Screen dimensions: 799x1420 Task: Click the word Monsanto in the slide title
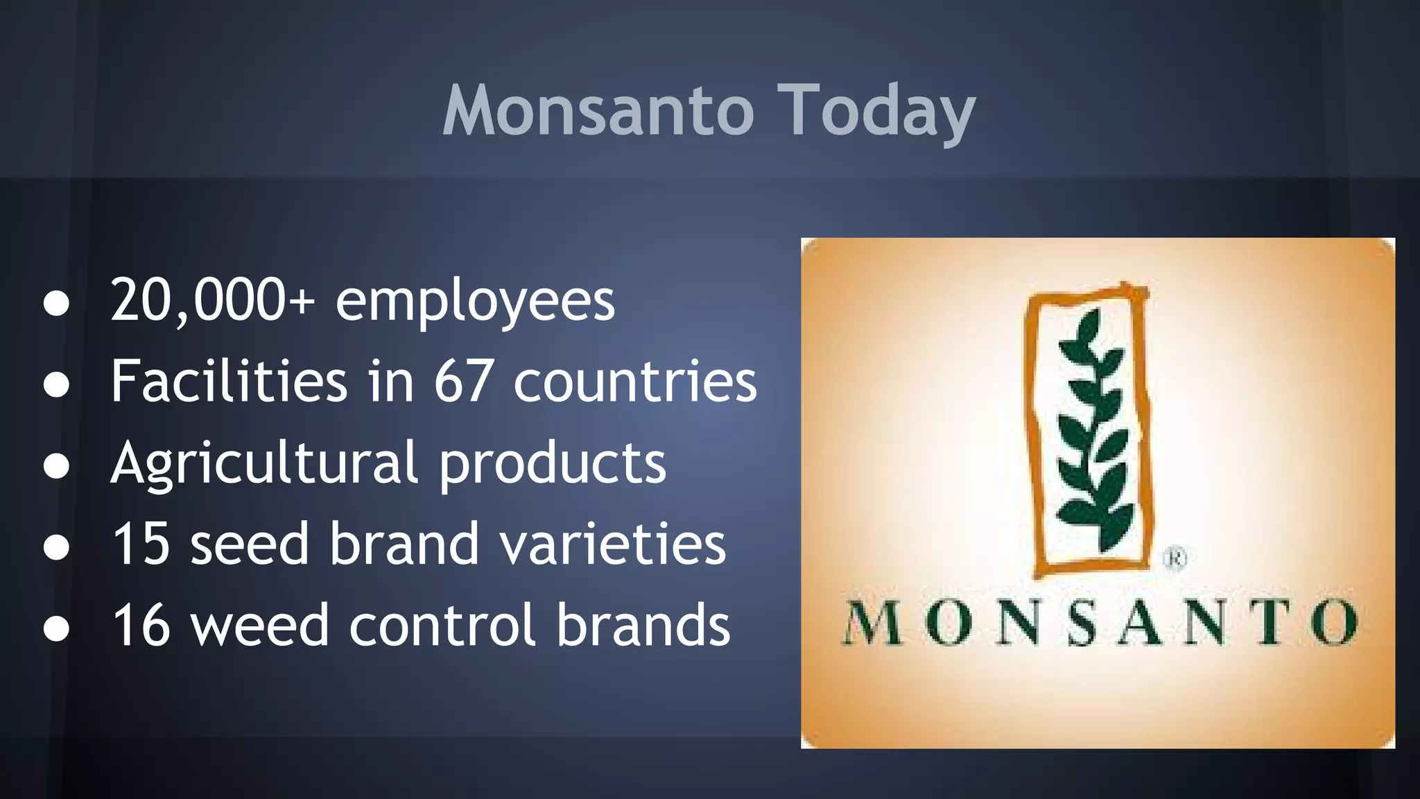(598, 111)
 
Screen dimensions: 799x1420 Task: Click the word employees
(475, 302)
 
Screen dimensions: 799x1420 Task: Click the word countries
(635, 382)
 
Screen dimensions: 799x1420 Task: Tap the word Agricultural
(264, 464)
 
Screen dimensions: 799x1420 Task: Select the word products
(553, 464)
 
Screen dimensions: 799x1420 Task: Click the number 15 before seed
(141, 544)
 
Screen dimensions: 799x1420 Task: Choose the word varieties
(613, 544)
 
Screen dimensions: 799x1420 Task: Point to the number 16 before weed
(141, 625)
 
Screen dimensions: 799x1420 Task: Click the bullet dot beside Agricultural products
(56, 466)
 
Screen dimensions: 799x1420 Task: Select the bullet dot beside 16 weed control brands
(56, 628)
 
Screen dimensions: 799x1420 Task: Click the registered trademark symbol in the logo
(1174, 558)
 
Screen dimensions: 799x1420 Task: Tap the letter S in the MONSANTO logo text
(1082, 622)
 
